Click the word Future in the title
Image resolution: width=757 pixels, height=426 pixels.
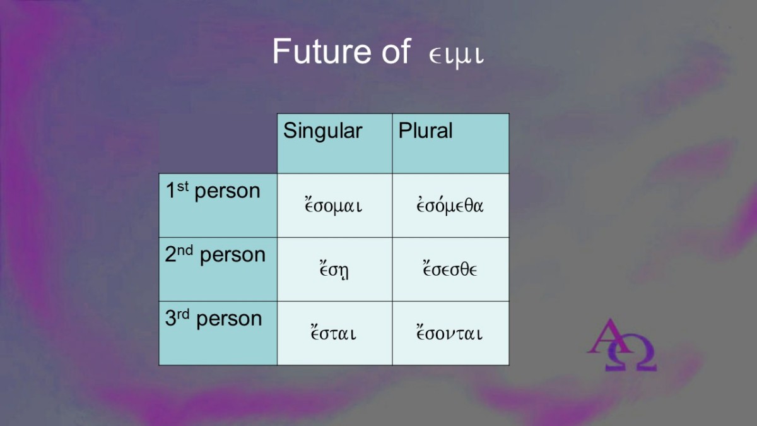tap(322, 51)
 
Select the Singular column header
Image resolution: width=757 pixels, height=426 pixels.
tap(323, 131)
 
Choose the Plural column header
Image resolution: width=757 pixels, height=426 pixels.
tap(425, 130)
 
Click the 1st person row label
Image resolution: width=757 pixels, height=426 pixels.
tap(213, 191)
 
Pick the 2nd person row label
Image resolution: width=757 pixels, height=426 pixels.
tap(215, 254)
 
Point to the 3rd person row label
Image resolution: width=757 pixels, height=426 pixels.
tap(214, 319)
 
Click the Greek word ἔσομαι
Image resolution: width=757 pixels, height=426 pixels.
tap(333, 205)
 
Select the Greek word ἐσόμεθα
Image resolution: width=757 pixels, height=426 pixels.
tap(450, 205)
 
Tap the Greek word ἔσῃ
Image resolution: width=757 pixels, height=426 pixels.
tap(334, 270)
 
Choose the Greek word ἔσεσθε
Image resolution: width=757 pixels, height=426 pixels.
tap(450, 269)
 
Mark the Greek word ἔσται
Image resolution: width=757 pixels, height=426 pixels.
tap(333, 333)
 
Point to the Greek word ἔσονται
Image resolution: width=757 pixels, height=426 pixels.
tap(449, 333)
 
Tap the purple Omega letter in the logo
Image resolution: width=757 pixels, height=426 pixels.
tap(631, 353)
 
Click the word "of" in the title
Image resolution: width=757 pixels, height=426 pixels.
tap(396, 52)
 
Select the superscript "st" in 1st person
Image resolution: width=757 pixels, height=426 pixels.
tap(182, 186)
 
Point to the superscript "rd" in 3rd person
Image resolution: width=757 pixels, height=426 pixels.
tap(183, 314)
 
